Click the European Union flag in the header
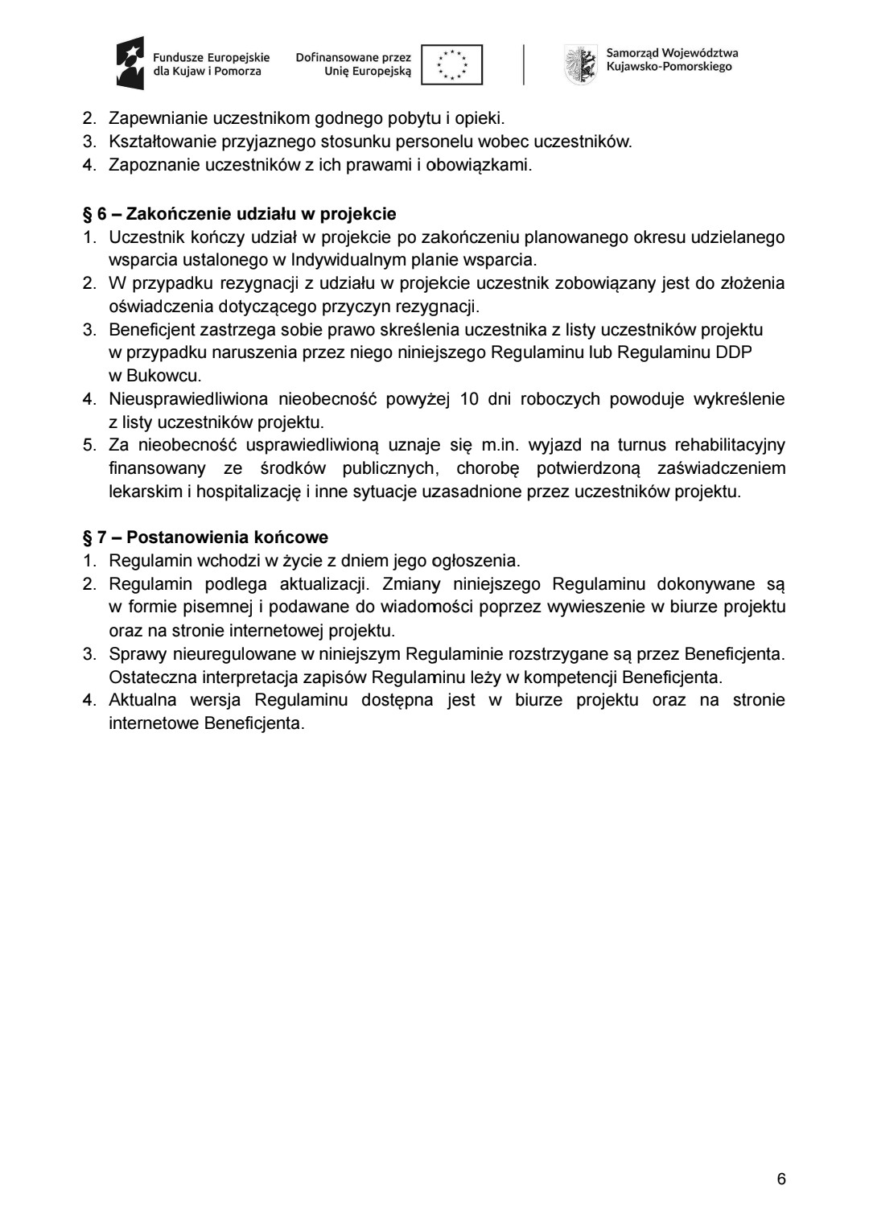tap(452, 64)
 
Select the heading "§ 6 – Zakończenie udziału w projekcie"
tap(240, 214)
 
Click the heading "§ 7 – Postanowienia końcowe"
tap(206, 537)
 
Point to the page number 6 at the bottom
tap(781, 1180)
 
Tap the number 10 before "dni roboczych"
tap(469, 399)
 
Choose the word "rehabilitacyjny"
tap(730, 446)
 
